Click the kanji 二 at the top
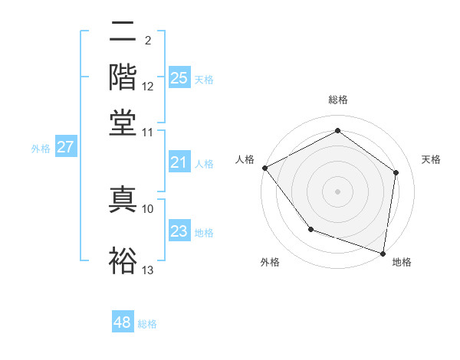pyautogui.click(x=123, y=32)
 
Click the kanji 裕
pyautogui.click(x=123, y=259)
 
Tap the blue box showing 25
pyautogui.click(x=179, y=77)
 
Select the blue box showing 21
pyautogui.click(x=179, y=162)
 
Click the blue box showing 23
pyautogui.click(x=179, y=231)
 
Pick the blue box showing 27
pyautogui.click(x=65, y=147)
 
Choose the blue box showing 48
pyautogui.click(x=123, y=322)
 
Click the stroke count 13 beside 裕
pyautogui.click(x=148, y=270)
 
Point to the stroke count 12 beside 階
pyautogui.click(x=148, y=86)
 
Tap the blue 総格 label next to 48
pyautogui.click(x=147, y=324)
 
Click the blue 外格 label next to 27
pyautogui.click(x=41, y=149)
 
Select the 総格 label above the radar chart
pyautogui.click(x=337, y=100)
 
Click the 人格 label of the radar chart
pyautogui.click(x=245, y=159)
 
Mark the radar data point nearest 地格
pyautogui.click(x=383, y=252)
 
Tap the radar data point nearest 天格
pyautogui.click(x=396, y=172)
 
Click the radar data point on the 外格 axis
pyautogui.click(x=310, y=229)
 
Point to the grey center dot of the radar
pyautogui.click(x=337, y=191)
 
